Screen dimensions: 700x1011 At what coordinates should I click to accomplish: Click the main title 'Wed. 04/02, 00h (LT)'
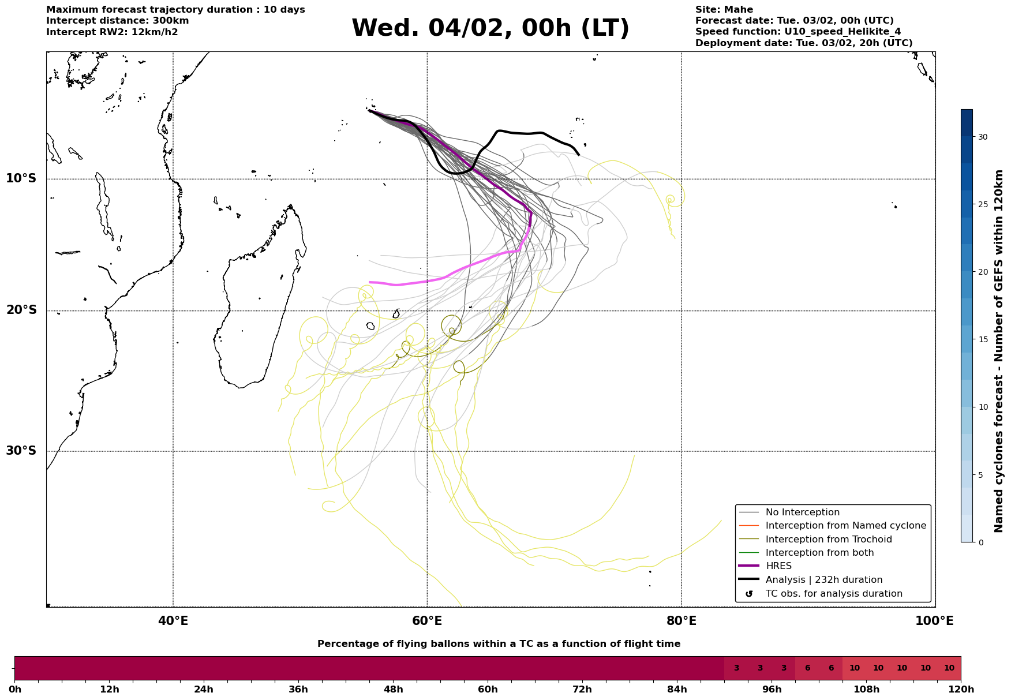pyautogui.click(x=490, y=28)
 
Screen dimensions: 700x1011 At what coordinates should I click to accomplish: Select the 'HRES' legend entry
pyautogui.click(x=778, y=566)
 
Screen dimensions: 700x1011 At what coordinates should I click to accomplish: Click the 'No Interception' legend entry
pyautogui.click(x=802, y=512)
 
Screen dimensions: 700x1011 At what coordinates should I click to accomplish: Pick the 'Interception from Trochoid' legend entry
pyautogui.click(x=828, y=540)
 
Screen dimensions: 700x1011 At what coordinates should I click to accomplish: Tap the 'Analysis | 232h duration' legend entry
pyautogui.click(x=823, y=580)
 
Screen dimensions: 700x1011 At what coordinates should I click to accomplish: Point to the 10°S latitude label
pyautogui.click(x=21, y=178)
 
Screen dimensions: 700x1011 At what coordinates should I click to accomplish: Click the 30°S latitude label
pyautogui.click(x=21, y=451)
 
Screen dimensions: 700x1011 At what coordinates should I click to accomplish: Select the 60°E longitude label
pyautogui.click(x=427, y=621)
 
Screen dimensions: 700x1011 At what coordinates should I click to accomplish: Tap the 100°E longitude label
pyautogui.click(x=934, y=621)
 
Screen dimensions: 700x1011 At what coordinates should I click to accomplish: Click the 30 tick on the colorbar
pyautogui.click(x=982, y=137)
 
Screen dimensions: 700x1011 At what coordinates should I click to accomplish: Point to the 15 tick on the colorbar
pyautogui.click(x=982, y=339)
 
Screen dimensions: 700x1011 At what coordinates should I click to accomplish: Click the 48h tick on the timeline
pyautogui.click(x=393, y=690)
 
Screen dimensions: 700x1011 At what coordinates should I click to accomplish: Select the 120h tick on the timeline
pyautogui.click(x=961, y=690)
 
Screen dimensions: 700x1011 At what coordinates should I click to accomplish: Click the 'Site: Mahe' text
pyautogui.click(x=724, y=10)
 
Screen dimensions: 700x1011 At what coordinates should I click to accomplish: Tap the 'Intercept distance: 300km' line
pyautogui.click(x=117, y=21)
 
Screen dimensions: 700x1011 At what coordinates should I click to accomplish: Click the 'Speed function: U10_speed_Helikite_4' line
pyautogui.click(x=797, y=32)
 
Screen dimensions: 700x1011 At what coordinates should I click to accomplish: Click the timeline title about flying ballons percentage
pyautogui.click(x=499, y=644)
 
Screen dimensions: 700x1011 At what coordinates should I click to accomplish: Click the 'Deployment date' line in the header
pyautogui.click(x=803, y=43)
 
